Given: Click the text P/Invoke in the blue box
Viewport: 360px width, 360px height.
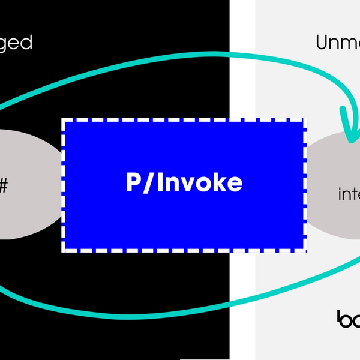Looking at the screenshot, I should (x=184, y=183).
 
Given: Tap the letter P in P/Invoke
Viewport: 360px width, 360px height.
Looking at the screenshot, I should (x=133, y=183).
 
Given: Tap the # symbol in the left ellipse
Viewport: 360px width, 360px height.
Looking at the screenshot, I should (x=3, y=185).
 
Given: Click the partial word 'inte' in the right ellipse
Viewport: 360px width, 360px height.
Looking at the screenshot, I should (x=349, y=194).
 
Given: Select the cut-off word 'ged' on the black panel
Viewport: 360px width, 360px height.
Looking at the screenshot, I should (x=16, y=43).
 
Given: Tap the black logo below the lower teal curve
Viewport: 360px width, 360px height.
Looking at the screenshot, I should (x=348, y=319).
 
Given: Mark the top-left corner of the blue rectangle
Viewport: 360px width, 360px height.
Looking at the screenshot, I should (x=62, y=119).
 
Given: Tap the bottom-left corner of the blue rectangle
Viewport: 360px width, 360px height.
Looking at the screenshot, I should (x=62, y=249).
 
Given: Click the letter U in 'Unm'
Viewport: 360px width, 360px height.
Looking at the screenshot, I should (x=322, y=43).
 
